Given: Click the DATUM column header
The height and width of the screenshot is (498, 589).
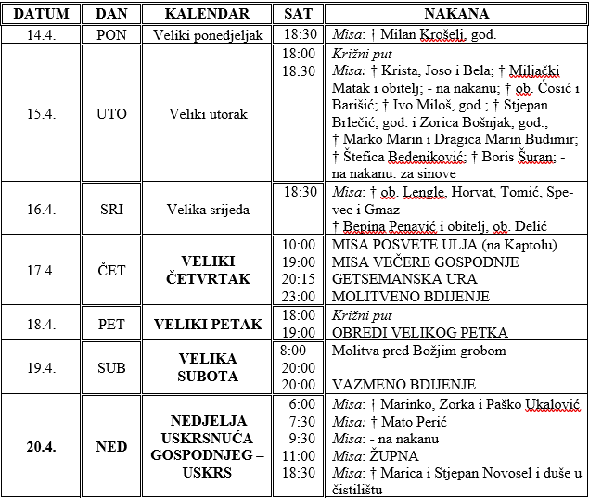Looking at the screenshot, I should (x=41, y=14).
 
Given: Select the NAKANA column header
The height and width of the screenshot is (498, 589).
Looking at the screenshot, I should (x=457, y=14).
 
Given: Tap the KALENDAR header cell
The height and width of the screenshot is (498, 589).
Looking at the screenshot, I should (x=207, y=14).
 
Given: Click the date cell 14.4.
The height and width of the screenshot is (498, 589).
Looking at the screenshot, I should (x=41, y=34).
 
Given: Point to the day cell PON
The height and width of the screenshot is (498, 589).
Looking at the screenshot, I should (x=111, y=34).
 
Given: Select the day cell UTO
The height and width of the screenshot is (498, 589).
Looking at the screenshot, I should (x=111, y=113).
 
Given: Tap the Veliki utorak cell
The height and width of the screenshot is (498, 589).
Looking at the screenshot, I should (x=207, y=113).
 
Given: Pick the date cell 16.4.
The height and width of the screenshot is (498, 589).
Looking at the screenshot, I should (x=41, y=209).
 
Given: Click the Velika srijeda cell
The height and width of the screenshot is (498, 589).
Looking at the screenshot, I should (x=207, y=209).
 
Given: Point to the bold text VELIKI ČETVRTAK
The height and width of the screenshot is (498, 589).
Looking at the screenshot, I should (x=207, y=270).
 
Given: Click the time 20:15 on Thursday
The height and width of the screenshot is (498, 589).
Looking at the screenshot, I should (x=298, y=278).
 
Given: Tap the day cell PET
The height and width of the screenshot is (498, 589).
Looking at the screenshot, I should (x=111, y=323).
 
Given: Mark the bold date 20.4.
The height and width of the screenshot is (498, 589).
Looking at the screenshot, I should (x=41, y=446).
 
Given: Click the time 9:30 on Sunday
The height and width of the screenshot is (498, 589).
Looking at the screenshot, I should (x=298, y=438).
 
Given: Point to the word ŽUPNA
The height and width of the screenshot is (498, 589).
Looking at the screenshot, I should (x=394, y=455).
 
